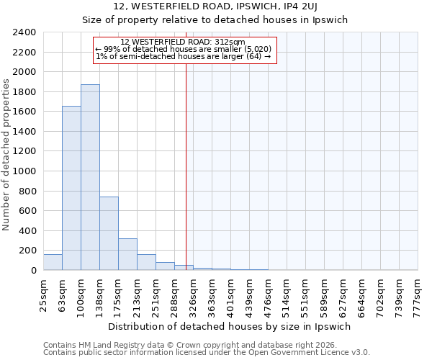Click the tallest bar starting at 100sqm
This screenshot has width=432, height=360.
pyautogui.click(x=90, y=177)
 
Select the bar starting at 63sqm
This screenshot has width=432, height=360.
pyautogui.click(x=71, y=188)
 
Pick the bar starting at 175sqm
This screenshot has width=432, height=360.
pyautogui.click(x=127, y=254)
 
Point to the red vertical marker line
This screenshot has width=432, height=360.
pyautogui.click(x=186, y=166)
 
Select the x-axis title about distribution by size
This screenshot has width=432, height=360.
pyautogui.click(x=230, y=326)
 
